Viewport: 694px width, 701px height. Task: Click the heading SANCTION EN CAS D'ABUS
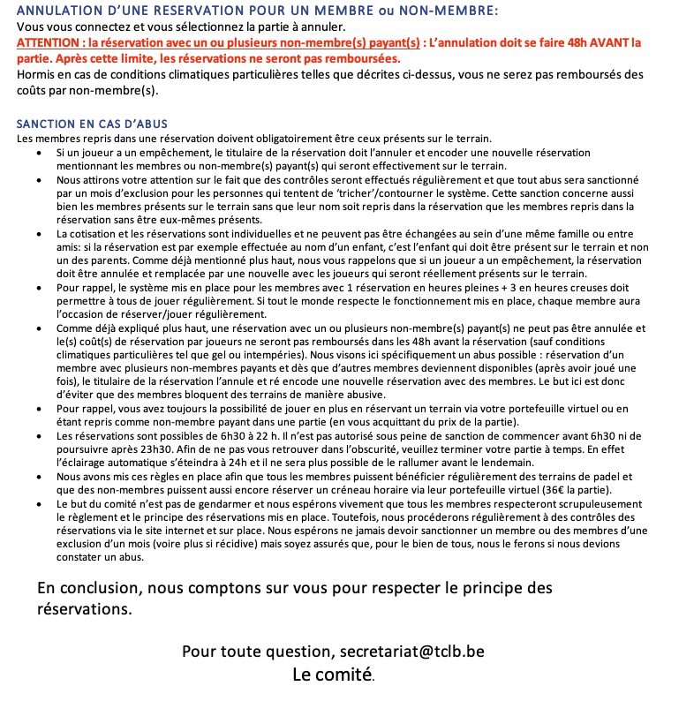click(x=92, y=124)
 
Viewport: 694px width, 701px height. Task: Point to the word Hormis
click(x=36, y=74)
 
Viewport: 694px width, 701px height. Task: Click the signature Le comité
click(x=333, y=675)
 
